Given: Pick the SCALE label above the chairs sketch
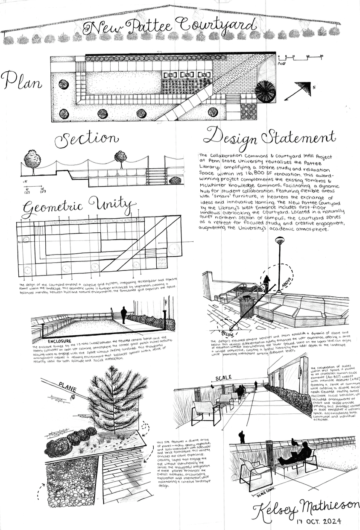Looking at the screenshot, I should coord(223,378).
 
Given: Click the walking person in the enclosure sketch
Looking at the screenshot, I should coord(123,315).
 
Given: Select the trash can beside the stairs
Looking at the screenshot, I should coord(245,307).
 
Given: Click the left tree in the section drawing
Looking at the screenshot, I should coord(32,159).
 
